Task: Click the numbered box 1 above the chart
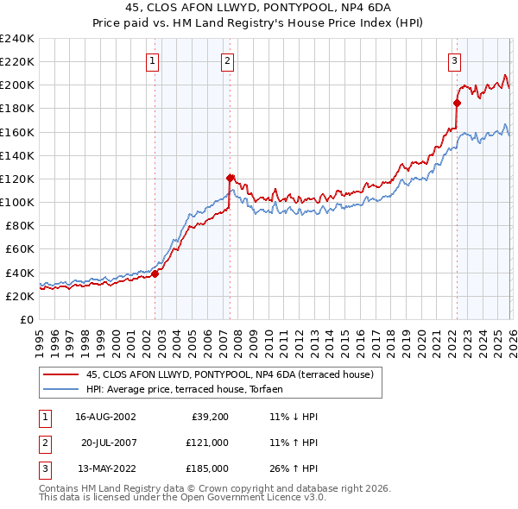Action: click(152, 60)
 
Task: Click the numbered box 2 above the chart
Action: click(227, 60)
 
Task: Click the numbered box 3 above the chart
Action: click(453, 60)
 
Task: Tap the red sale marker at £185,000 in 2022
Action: click(457, 103)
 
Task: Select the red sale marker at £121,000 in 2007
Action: click(231, 178)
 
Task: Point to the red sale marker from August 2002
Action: click(155, 273)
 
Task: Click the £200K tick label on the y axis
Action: click(17, 85)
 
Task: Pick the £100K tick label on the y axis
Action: click(17, 202)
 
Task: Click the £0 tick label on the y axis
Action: click(26, 319)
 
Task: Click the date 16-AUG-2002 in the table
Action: click(106, 416)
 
